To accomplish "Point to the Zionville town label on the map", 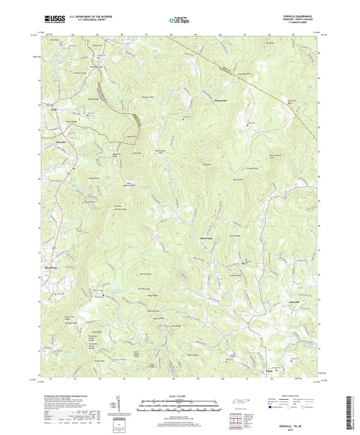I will [x=61, y=143].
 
